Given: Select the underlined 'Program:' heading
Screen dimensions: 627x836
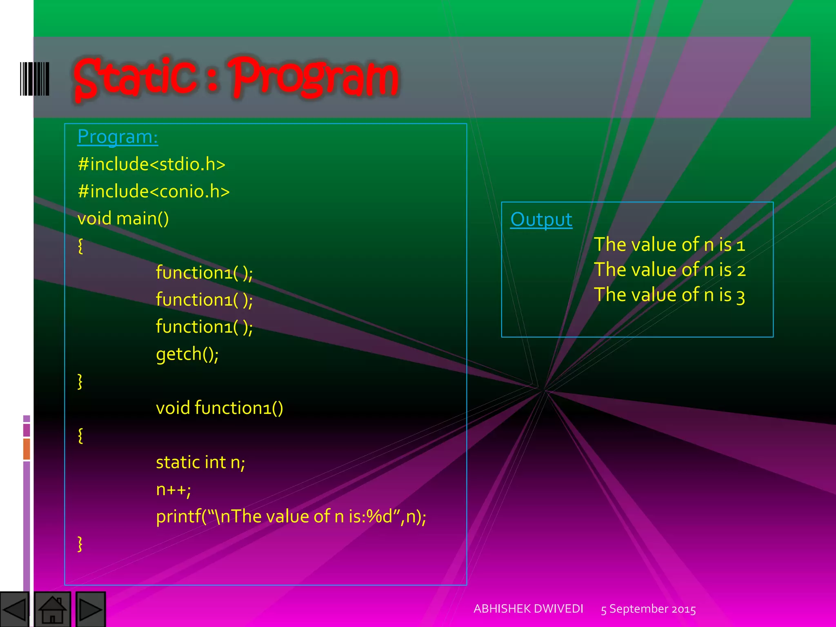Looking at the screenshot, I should (118, 137).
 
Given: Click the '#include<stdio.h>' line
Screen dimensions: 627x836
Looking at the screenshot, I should (151, 164).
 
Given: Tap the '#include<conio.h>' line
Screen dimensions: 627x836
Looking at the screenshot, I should (153, 191).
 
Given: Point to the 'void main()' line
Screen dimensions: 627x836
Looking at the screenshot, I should (123, 218).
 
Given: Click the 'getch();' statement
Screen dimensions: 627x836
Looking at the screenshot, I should (187, 354).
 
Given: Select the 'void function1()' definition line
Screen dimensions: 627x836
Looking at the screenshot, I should (219, 408).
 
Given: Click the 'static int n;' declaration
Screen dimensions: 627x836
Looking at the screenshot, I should (200, 462).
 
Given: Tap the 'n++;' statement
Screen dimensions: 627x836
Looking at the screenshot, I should (173, 489).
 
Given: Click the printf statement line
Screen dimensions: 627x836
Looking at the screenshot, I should (291, 516).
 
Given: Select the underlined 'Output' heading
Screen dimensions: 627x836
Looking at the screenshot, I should (541, 220).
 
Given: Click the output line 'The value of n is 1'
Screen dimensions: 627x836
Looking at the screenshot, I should (669, 245).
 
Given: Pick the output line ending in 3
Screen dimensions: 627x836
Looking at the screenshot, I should (669, 295).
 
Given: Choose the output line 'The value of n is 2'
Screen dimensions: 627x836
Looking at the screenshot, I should (669, 270).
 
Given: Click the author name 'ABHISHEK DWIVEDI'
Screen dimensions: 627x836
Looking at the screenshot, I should (528, 609).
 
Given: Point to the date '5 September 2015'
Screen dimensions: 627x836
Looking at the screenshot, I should (648, 609).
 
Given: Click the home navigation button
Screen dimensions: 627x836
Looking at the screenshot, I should (52, 609).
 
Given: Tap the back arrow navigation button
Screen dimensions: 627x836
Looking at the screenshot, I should (15, 609).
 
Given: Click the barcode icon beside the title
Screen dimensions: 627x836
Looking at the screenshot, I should (35, 79).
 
